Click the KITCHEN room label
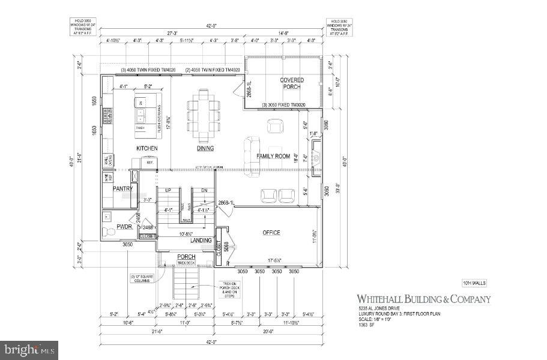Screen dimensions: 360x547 (147, 148)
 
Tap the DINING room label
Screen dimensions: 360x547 (205, 148)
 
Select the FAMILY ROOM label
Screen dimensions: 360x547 (273, 157)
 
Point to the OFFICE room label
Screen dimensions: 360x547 (271, 233)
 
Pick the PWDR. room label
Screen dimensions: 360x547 (124, 227)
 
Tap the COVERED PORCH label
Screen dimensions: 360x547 (292, 83)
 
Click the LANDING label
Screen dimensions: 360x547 (201, 241)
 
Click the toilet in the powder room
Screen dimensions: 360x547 (108, 233)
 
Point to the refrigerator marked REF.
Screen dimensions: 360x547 (149, 161)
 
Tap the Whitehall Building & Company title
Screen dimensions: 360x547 (424, 299)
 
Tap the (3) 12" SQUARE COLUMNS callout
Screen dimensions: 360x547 (140, 278)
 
